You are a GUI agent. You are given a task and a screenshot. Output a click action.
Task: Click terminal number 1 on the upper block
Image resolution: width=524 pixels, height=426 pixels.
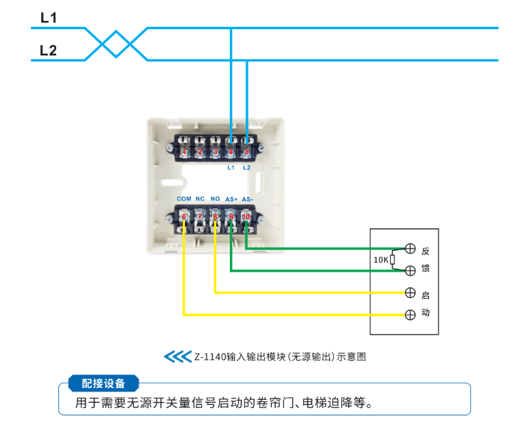(x=184, y=152)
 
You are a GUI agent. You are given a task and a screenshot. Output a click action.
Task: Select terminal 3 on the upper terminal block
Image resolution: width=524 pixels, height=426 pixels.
(x=216, y=152)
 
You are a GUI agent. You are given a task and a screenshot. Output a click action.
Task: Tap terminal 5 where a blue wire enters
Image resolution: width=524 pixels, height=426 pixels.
(x=246, y=152)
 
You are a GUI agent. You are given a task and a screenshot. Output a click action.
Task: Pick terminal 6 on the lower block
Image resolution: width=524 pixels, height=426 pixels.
(x=184, y=217)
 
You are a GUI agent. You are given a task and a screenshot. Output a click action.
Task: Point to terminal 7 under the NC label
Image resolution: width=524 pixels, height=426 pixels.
(x=200, y=217)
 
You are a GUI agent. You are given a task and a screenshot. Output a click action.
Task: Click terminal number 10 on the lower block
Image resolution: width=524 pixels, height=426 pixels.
(x=246, y=217)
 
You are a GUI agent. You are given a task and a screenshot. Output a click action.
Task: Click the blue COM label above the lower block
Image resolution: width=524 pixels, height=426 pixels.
(x=184, y=199)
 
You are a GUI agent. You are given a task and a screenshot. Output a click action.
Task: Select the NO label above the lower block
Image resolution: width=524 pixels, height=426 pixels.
(x=215, y=199)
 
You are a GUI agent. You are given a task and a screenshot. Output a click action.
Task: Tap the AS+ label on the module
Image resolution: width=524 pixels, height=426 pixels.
(x=231, y=199)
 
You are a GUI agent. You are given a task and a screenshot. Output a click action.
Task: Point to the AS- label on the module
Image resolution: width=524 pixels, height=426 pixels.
(x=247, y=199)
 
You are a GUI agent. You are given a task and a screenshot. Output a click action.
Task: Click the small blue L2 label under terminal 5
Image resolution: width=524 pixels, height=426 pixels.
(x=246, y=168)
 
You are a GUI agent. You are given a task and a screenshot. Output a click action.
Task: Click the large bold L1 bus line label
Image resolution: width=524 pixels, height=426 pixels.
(x=49, y=17)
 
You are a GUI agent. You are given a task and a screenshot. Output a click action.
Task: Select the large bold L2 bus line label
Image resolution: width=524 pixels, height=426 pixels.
(x=49, y=50)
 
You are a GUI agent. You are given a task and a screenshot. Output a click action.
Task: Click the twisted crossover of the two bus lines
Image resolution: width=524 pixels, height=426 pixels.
(x=115, y=43)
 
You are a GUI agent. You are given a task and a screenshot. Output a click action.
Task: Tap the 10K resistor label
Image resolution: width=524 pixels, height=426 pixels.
(x=380, y=260)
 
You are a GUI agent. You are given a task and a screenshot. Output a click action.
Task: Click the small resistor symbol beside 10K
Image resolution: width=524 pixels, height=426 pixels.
(x=393, y=260)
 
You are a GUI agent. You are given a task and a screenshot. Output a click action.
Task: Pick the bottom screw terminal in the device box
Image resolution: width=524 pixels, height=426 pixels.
(x=409, y=314)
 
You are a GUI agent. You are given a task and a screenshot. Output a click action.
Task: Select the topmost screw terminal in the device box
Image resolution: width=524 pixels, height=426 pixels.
(x=409, y=249)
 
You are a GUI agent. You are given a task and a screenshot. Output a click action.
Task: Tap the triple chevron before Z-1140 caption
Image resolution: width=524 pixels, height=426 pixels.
(x=177, y=356)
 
